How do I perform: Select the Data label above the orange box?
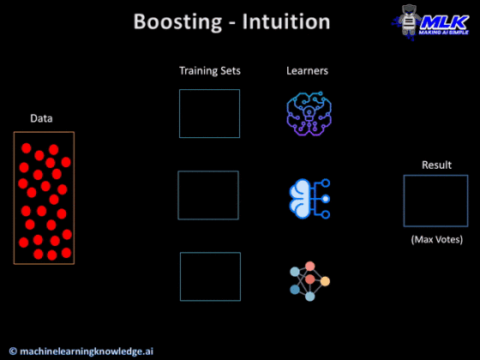coord(41,118)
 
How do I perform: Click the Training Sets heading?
coord(209,70)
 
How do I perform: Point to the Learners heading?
coord(307,70)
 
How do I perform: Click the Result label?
coord(436,165)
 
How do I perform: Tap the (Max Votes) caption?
coord(436,238)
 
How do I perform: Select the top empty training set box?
coord(209,113)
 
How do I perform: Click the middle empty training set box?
coord(208,195)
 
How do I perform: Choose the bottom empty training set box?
coord(210,276)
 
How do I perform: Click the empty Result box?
coord(435,201)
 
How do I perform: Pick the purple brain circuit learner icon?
coord(308,114)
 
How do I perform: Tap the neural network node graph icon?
coord(309,279)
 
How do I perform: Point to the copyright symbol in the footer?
coord(13,350)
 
